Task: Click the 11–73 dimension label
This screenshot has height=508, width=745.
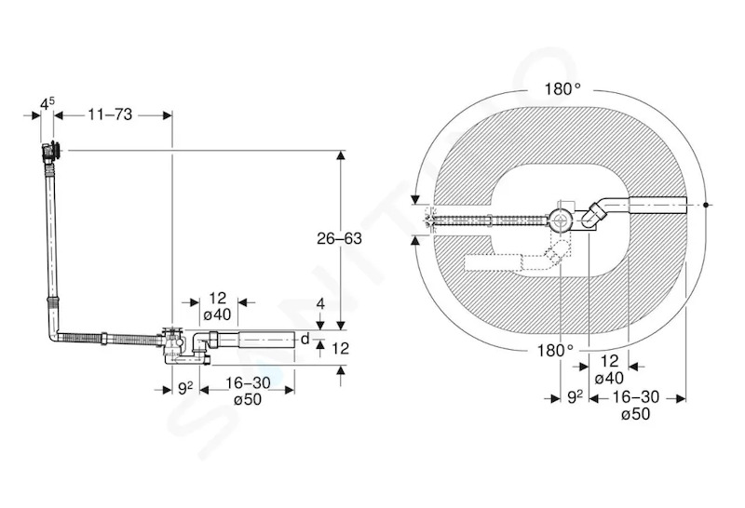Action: [110, 114]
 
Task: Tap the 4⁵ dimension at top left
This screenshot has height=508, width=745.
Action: [47, 103]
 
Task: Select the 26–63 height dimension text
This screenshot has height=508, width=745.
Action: [339, 238]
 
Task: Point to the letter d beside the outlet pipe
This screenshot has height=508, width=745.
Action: [305, 339]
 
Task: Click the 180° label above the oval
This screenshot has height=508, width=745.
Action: [562, 88]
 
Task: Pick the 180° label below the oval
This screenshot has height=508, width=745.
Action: [555, 351]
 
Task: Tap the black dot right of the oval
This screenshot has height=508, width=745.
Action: [707, 205]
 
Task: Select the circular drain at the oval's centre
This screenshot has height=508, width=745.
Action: [562, 221]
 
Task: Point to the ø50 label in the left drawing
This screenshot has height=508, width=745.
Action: [248, 399]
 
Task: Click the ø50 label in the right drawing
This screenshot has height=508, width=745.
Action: [635, 414]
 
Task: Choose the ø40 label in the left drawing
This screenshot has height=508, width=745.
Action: [217, 314]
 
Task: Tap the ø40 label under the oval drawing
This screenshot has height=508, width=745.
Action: [609, 379]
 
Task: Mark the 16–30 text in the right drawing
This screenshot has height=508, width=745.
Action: [636, 397]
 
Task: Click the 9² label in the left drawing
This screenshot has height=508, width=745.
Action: [185, 388]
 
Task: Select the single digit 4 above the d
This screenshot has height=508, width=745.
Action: [320, 304]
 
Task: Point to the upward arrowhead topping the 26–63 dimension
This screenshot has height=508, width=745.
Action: [340, 155]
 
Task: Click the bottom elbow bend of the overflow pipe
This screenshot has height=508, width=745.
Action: [53, 335]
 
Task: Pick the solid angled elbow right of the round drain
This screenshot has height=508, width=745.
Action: [592, 215]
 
